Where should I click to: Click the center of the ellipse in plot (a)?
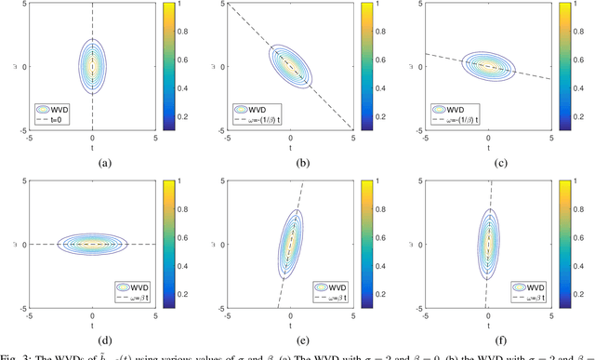click(x=92, y=67)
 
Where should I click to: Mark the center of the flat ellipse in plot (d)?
click(x=92, y=244)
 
